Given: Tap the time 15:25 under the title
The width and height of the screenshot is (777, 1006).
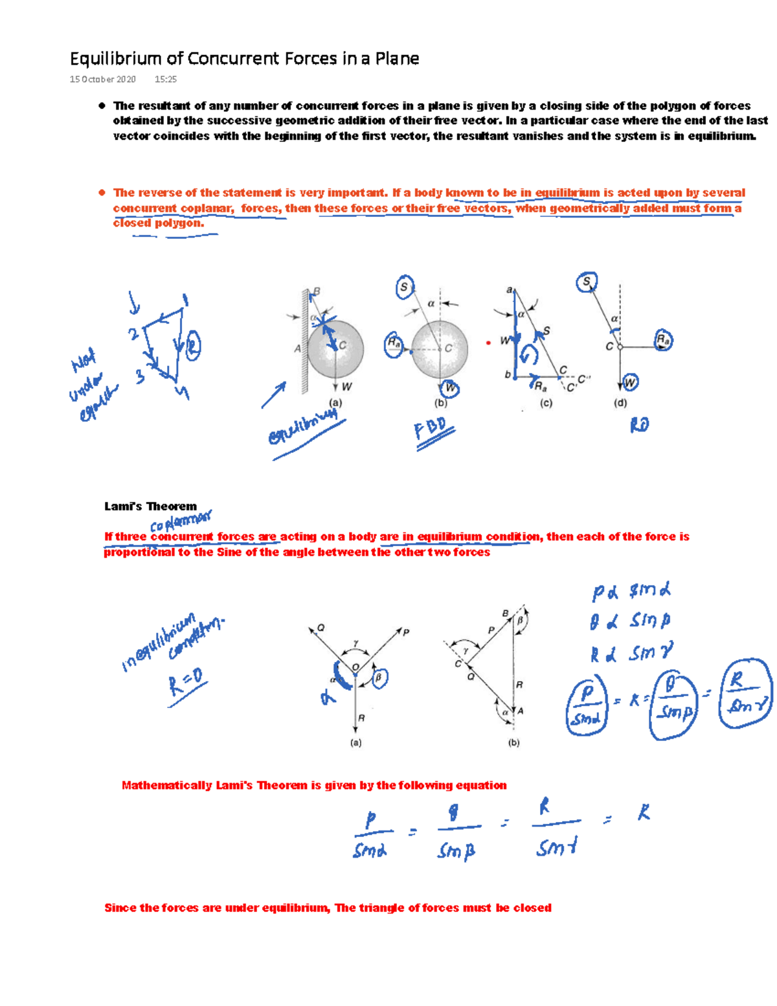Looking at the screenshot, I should [x=166, y=79].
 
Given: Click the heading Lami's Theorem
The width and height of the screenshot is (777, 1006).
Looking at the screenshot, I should [x=150, y=507].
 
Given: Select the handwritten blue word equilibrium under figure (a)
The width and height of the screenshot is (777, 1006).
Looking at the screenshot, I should [x=302, y=428].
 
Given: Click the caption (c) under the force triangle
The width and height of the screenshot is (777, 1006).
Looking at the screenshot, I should [x=546, y=403].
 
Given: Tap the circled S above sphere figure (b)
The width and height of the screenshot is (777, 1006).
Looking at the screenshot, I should [x=404, y=287].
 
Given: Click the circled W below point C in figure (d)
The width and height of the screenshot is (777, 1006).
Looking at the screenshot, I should [x=629, y=382].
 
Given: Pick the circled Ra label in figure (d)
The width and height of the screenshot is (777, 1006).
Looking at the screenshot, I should [x=663, y=339].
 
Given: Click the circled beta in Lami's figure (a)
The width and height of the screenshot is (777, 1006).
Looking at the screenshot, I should [x=379, y=678].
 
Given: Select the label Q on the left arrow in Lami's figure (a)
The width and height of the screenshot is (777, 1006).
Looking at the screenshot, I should [x=321, y=628].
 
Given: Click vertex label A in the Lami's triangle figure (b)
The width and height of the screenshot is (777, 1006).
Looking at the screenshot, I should [x=521, y=711].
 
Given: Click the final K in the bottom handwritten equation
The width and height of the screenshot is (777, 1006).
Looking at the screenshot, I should [x=643, y=813].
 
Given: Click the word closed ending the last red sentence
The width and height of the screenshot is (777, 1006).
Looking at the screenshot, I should [x=532, y=908].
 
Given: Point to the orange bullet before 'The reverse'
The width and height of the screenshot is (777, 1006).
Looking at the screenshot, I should [x=102, y=192].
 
